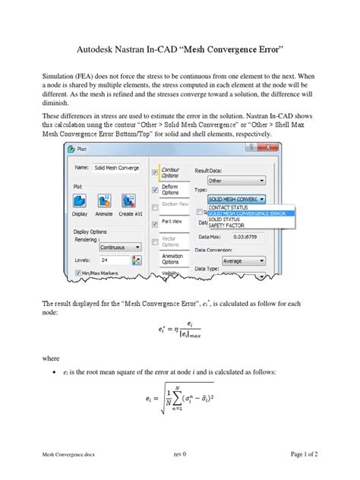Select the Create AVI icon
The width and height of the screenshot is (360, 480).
click(x=130, y=201)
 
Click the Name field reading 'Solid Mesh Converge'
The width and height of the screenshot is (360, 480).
click(x=116, y=168)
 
